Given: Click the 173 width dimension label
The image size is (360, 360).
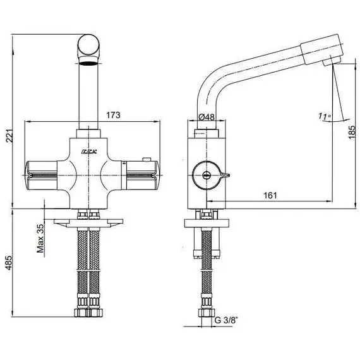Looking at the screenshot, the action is click(113, 115).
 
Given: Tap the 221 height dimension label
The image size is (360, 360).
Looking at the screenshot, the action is click(9, 136).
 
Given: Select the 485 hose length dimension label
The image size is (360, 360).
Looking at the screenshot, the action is click(9, 263).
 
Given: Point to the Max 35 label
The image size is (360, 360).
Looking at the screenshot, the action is click(40, 238).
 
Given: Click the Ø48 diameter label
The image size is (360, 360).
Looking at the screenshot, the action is click(207, 117).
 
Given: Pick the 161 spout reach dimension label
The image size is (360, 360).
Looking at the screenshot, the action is click(270, 195).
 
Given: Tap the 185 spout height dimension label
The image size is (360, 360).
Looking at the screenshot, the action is click(352, 132).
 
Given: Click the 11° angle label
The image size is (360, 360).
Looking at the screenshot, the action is click(325, 116).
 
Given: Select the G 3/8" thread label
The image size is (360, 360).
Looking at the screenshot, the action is click(226, 320).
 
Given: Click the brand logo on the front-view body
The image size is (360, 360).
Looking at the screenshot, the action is click(89, 152).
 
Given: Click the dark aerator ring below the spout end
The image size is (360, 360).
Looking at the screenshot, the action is click(88, 64).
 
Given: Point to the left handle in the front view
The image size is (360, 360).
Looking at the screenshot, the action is click(41, 176).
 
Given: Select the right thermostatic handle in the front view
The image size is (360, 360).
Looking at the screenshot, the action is click(140, 176).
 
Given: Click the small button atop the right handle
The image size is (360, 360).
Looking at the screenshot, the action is click(147, 159).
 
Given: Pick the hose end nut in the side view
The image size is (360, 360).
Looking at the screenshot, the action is click(207, 313).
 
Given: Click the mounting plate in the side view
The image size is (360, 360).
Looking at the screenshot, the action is click(207, 223).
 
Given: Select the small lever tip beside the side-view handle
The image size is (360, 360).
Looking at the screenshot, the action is click(225, 176).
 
